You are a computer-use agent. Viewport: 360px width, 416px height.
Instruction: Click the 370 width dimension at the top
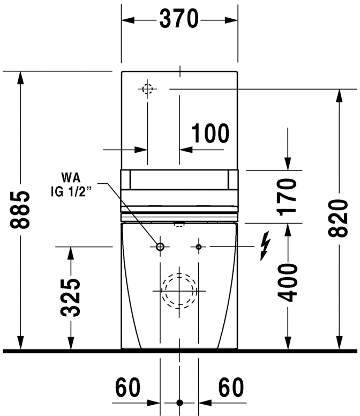click(179, 20)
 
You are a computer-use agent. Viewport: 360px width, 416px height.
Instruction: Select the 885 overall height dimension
click(21, 209)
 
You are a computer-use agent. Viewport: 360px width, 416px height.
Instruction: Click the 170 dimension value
click(288, 196)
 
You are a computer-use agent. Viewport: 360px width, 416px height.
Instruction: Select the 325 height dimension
click(70, 297)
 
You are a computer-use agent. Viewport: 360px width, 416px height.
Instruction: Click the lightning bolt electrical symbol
click(264, 247)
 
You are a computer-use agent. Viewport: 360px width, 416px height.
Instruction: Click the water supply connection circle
click(160, 247)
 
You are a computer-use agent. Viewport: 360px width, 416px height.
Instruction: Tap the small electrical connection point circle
click(199, 247)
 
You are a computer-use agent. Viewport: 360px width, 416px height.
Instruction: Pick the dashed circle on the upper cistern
click(148, 88)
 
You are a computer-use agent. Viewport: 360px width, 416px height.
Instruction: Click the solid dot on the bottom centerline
click(179, 402)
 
